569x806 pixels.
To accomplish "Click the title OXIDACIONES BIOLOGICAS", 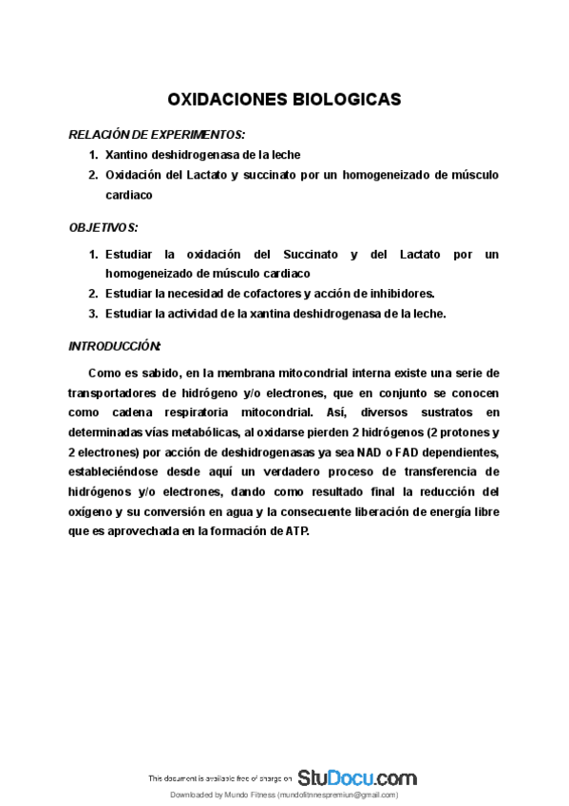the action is point(284,99).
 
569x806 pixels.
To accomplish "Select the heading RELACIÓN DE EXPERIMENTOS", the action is point(157,133).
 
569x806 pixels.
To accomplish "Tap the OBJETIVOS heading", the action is point(104,227).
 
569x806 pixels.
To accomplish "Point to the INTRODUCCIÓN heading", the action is point(115,345).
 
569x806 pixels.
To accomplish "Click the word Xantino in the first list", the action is point(130,154).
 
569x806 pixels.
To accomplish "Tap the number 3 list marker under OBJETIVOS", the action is point(93,313).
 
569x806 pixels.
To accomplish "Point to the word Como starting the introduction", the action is point(104,373).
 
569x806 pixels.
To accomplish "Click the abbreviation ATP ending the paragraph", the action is point(297,532).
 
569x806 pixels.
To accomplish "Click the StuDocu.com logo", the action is point(356,777).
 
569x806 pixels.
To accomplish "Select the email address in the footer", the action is point(338,795).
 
